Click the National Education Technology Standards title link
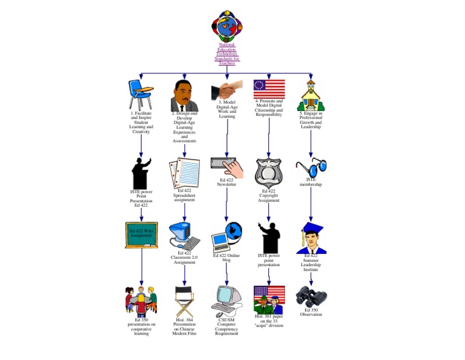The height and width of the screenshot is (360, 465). tap(227, 53)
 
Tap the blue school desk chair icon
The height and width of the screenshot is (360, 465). tap(140, 94)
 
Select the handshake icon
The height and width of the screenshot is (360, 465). tap(227, 91)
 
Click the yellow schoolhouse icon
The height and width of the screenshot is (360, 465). tap(311, 94)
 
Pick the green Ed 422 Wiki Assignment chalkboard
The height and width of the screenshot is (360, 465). tap(141, 235)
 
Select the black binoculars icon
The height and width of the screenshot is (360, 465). tap(311, 297)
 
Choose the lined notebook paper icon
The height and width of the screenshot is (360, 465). tap(184, 173)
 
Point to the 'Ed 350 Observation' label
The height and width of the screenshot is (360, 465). tap(311, 312)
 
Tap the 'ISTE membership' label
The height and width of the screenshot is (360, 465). tap(311, 182)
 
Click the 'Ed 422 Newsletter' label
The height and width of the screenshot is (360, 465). tap(227, 182)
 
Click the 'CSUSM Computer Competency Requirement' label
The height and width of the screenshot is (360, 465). tap(227, 327)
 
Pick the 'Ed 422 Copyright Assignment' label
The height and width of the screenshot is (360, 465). tap(268, 196)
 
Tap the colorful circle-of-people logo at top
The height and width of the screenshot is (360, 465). tap(227, 25)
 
